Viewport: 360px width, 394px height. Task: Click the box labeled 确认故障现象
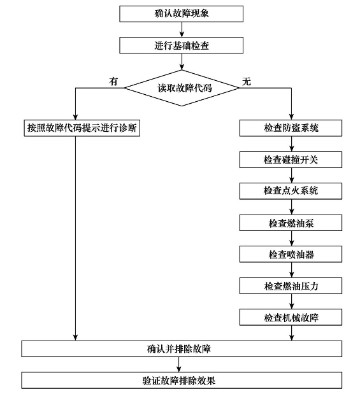click(x=181, y=14)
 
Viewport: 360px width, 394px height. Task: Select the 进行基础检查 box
click(x=181, y=45)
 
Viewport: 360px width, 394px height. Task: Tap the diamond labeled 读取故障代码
click(x=182, y=88)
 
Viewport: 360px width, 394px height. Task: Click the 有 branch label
click(x=113, y=81)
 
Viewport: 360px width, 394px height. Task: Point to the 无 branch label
click(x=247, y=81)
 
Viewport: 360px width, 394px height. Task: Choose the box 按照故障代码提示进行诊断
click(x=82, y=128)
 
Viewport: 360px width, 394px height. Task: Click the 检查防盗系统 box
click(x=291, y=128)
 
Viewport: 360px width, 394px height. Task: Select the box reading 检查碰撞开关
click(x=291, y=160)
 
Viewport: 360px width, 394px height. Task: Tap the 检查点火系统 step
click(x=291, y=191)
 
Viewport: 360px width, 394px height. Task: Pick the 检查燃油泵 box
click(x=291, y=223)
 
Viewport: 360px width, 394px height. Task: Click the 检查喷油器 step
click(x=291, y=254)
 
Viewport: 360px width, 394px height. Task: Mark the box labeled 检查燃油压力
click(x=291, y=286)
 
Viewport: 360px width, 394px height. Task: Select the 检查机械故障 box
click(x=291, y=317)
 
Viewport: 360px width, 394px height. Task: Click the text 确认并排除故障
click(x=179, y=349)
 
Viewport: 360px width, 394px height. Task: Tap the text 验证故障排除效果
click(x=179, y=381)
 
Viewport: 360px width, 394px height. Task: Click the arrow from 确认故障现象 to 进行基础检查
click(x=182, y=30)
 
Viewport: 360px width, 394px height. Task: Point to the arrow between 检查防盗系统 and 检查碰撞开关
click(x=292, y=144)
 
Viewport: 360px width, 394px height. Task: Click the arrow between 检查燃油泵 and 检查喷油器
click(x=292, y=239)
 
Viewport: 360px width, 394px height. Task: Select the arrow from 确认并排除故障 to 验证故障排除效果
click(x=179, y=365)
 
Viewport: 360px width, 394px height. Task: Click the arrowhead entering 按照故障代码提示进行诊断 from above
click(x=75, y=117)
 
